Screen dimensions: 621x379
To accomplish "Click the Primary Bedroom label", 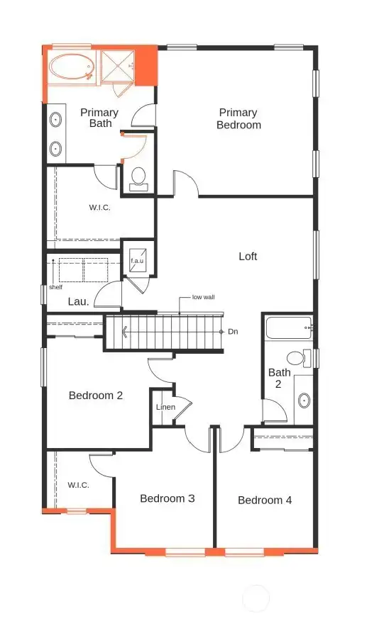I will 238,119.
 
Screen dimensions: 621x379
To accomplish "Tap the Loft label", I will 248,257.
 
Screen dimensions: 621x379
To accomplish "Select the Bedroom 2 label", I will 96,396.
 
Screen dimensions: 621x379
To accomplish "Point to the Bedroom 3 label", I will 167,498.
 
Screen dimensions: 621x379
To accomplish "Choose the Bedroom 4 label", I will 265,500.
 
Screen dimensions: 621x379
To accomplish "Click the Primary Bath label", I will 100,118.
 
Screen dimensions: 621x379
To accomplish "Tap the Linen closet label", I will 165,407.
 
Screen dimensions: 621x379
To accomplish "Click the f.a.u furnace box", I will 137,259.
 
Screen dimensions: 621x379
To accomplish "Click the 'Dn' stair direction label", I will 233,331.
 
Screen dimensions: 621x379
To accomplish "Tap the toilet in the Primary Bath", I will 138,177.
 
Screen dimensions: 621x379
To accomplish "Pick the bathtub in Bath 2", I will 287,329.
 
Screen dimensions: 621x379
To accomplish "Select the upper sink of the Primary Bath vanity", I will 55,119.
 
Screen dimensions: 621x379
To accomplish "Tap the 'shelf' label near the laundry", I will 55,287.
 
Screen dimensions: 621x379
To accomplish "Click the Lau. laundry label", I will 78,301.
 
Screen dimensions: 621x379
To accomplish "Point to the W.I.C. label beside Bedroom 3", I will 78,485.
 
